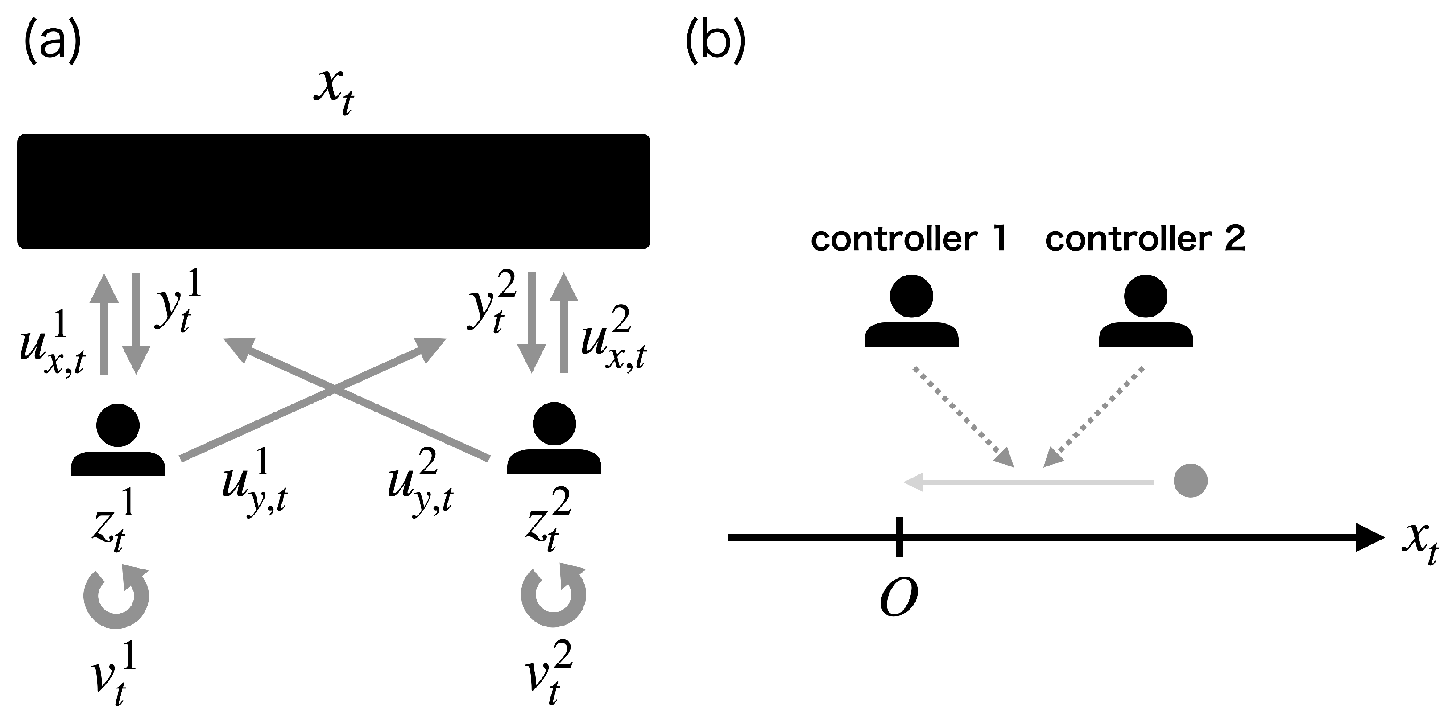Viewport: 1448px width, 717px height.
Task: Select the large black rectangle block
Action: (334, 191)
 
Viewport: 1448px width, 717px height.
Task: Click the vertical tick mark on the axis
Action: (899, 536)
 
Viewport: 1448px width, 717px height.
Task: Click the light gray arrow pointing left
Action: (1029, 482)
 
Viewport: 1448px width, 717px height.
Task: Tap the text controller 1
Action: (908, 239)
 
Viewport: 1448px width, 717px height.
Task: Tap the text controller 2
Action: (1146, 239)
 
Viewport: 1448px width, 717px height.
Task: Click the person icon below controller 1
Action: (911, 311)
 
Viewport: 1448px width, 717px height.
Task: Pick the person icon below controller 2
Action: (1146, 311)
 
